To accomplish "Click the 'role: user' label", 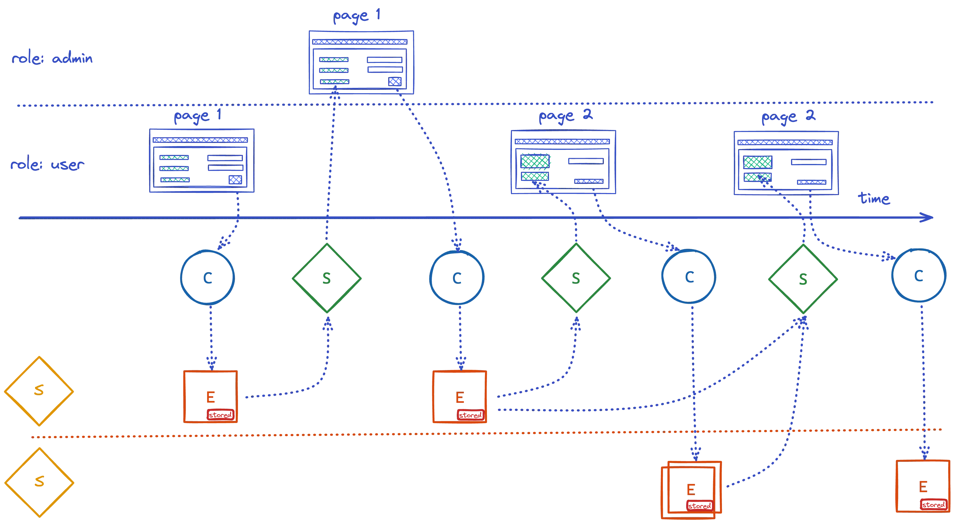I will click(x=47, y=165).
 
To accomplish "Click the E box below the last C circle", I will click(x=922, y=486).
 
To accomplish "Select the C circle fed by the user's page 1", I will click(x=207, y=277).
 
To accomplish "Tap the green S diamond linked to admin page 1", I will click(x=326, y=278).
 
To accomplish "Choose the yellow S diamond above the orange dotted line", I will click(x=39, y=391).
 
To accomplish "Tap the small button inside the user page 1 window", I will click(x=235, y=179).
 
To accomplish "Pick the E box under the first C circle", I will click(x=210, y=396).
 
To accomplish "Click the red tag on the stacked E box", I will click(x=699, y=505).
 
